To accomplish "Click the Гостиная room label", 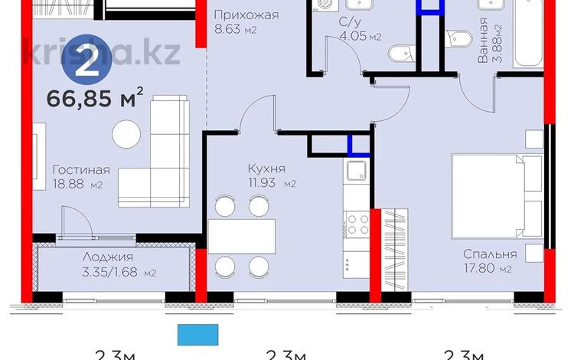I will point(80,171).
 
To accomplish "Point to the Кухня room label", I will point(267,168).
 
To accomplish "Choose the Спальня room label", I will point(489,254).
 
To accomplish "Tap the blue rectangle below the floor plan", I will point(198,335).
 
